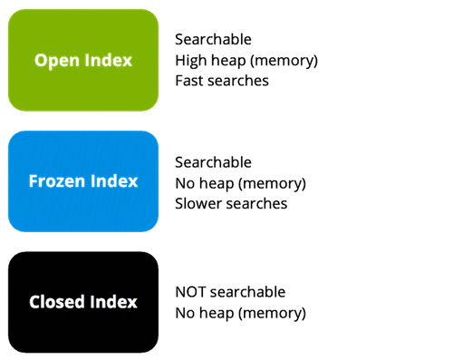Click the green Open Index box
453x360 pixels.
(83, 60)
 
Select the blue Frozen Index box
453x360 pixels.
(83, 181)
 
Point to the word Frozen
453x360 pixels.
(57, 181)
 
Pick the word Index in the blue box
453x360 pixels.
(114, 181)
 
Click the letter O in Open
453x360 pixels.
(41, 61)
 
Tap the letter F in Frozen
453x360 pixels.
(34, 181)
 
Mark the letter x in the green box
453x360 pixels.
(128, 62)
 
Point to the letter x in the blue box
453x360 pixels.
(133, 182)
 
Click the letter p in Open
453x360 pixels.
(51, 63)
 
